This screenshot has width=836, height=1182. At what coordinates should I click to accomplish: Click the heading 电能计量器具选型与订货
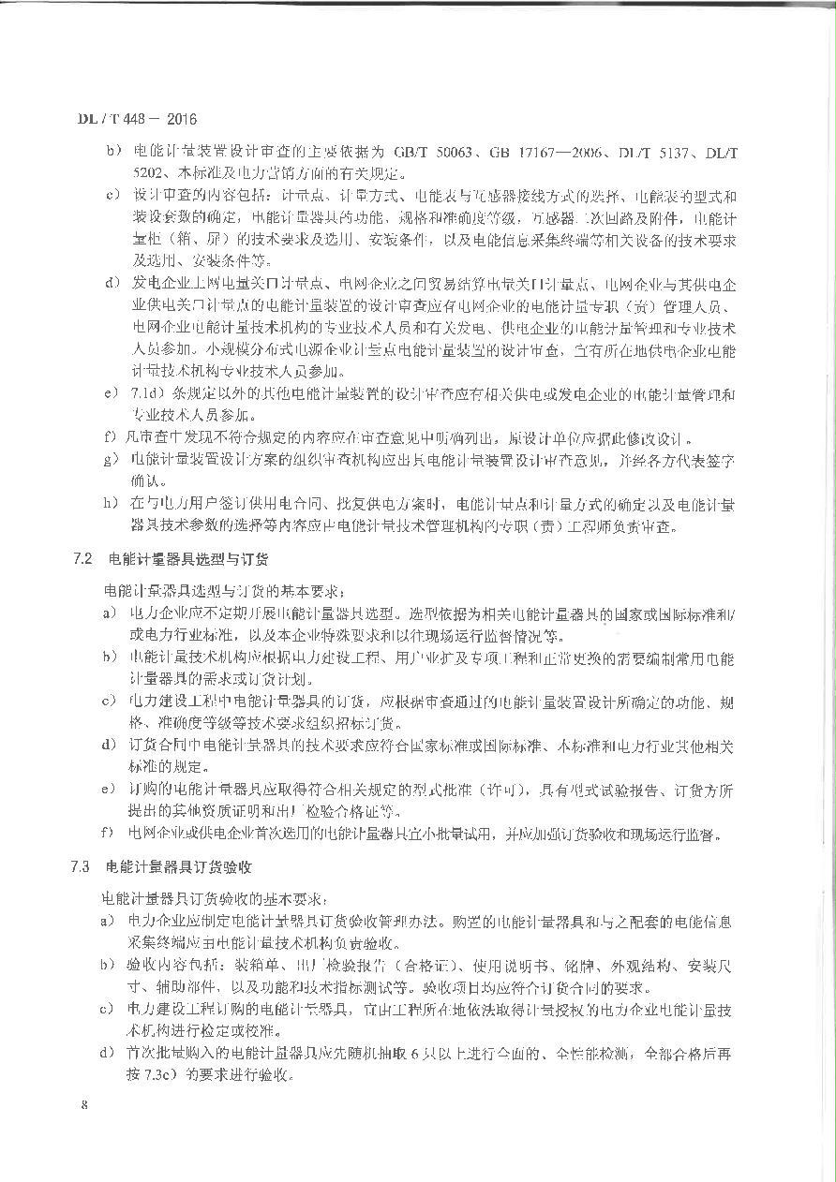tap(187, 560)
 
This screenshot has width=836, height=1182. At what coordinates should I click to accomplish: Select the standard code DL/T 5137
tap(666, 150)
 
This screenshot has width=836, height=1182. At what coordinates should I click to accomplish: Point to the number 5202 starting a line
tap(150, 173)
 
